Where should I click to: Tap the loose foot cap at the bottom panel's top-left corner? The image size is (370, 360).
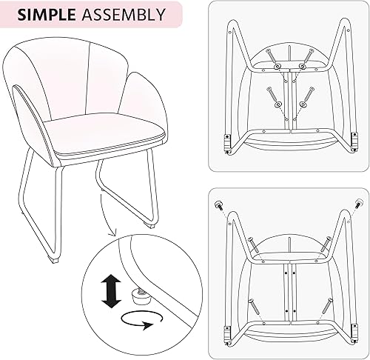point(219,202)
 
